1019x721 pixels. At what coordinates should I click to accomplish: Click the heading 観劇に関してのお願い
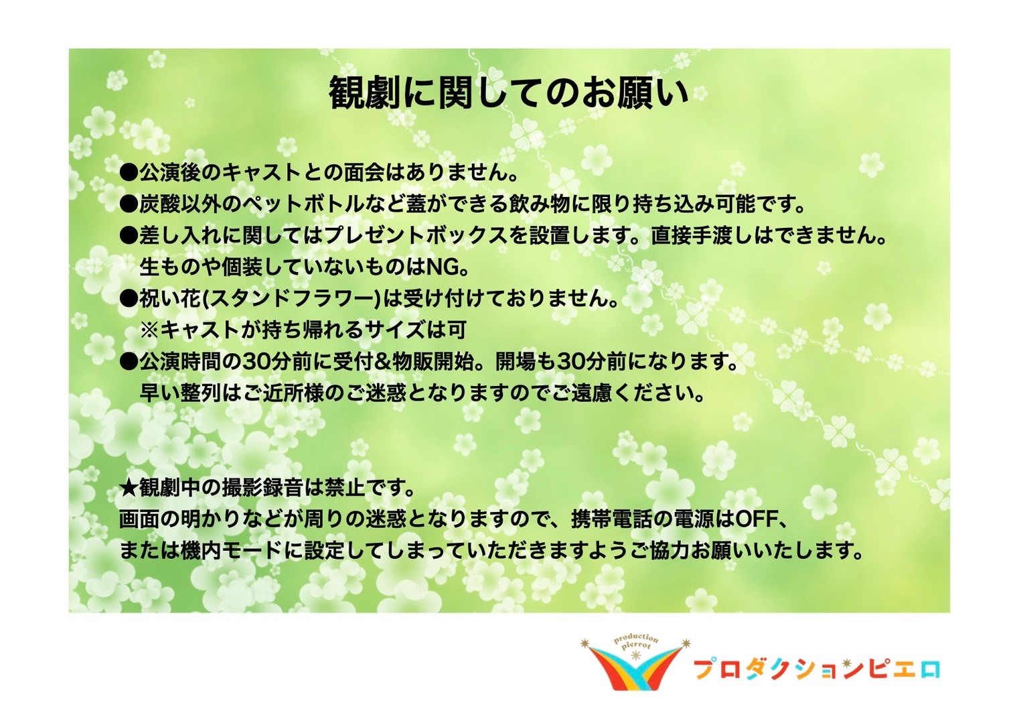tap(509, 93)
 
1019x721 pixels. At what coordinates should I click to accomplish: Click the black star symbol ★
tap(129, 488)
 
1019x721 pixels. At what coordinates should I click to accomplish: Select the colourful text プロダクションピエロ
tap(817, 669)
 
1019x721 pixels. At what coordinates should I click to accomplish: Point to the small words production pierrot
tap(636, 643)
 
